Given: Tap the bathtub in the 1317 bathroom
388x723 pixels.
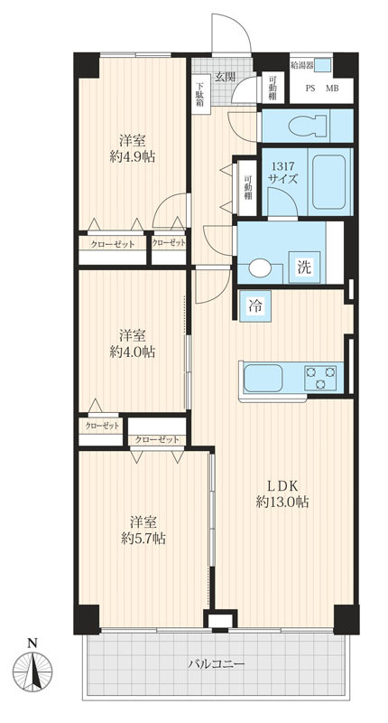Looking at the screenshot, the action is pos(328,182).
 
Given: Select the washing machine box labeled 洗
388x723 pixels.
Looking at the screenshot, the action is pos(303,268).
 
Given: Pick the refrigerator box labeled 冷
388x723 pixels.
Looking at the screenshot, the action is pos(255,306).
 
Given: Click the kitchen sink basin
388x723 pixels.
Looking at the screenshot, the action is pos(263,378).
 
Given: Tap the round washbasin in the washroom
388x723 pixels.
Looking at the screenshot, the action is pos(260,268).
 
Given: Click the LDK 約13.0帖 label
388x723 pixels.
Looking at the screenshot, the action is pos(282,493).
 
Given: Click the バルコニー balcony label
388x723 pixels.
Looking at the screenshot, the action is pos(217,664).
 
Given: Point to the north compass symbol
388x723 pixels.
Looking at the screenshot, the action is pos(32,669).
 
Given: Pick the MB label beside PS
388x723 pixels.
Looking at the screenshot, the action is pos(332,89).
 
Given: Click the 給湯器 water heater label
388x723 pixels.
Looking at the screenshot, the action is pos(304,65).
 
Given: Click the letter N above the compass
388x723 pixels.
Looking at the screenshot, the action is pos(32,643).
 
